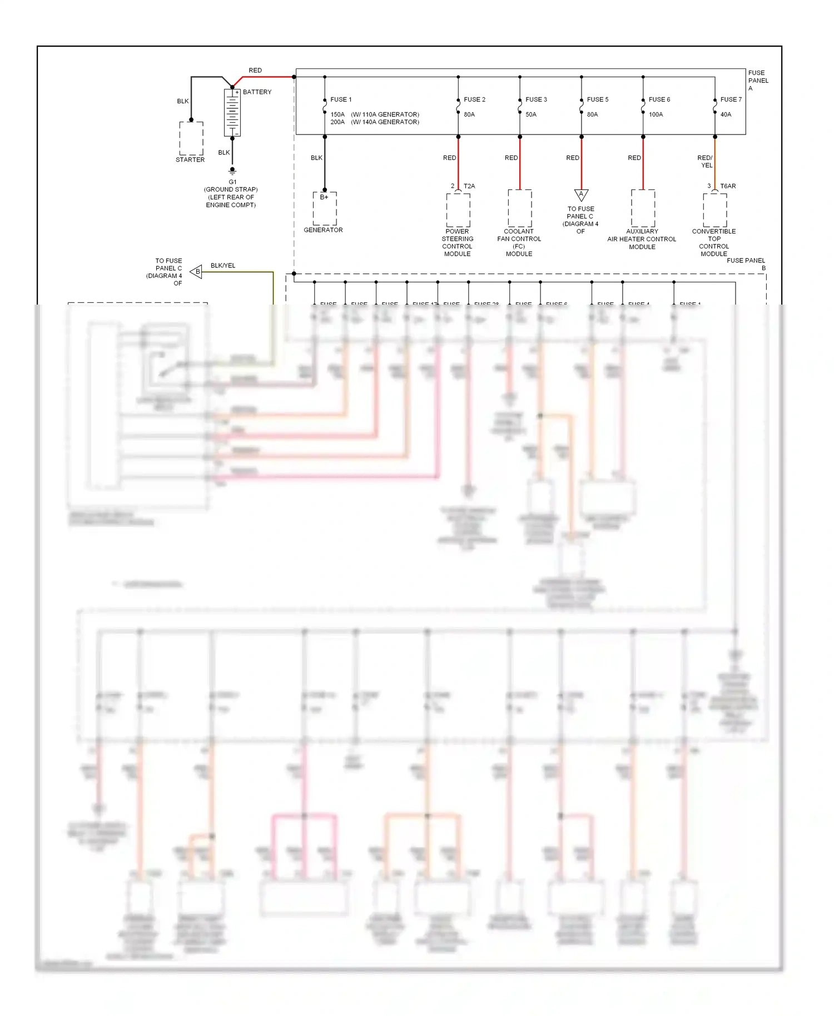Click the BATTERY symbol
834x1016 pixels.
[232, 113]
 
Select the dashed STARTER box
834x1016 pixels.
[191, 138]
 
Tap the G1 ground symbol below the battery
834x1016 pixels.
[232, 171]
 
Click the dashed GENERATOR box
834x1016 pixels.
[325, 208]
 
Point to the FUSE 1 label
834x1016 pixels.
[341, 99]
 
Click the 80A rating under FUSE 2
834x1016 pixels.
[469, 114]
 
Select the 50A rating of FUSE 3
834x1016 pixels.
[531, 114]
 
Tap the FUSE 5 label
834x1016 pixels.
[598, 99]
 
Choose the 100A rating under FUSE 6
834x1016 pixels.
[656, 114]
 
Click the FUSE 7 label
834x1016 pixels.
[731, 99]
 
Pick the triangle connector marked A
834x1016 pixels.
[581, 195]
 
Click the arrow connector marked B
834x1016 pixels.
[196, 272]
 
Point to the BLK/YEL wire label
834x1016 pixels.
[223, 266]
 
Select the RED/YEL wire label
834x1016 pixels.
[705, 161]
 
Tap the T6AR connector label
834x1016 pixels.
[728, 186]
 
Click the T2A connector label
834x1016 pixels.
[469, 186]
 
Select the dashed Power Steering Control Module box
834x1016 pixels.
[458, 210]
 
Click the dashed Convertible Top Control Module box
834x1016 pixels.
[714, 210]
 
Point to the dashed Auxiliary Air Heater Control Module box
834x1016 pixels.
[643, 208]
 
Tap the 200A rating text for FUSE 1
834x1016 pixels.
[337, 122]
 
